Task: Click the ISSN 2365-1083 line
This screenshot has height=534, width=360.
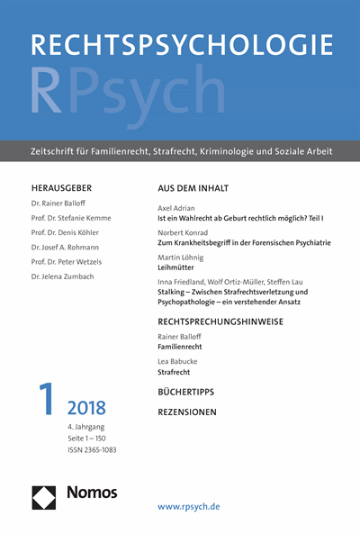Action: [92, 449]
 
